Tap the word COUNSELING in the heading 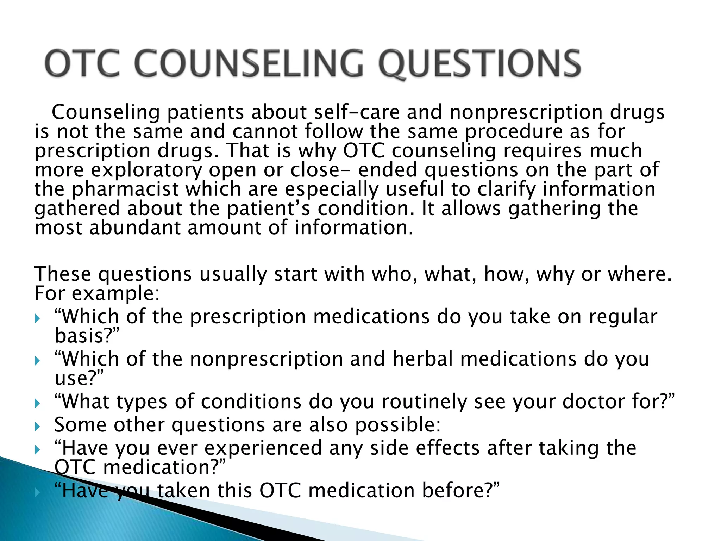click(249, 63)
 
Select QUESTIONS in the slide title click(479, 64)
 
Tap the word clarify click(506, 189)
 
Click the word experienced click(263, 449)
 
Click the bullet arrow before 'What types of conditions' click(38, 403)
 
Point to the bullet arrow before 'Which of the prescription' click(38, 318)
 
